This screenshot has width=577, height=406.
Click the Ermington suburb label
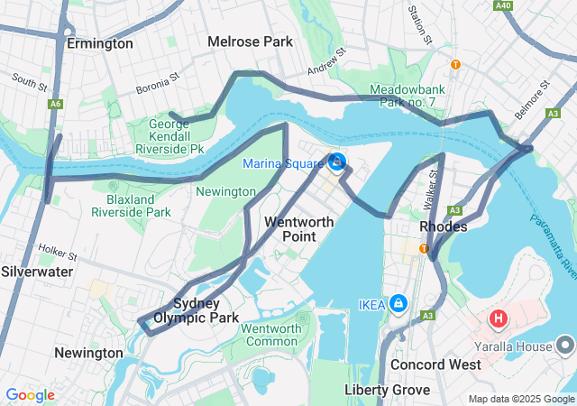(x=100, y=43)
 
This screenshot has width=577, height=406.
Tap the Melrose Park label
(x=251, y=42)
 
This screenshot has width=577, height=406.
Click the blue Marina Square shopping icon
(x=337, y=162)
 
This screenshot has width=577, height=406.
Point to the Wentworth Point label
(x=299, y=228)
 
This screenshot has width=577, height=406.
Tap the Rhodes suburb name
(x=444, y=226)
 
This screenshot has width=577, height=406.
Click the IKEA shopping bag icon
(x=398, y=303)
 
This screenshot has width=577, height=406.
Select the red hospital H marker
(x=498, y=318)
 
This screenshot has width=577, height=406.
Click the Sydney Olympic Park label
(x=196, y=310)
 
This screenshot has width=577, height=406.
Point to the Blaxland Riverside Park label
(x=131, y=205)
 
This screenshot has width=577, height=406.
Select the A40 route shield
(x=504, y=5)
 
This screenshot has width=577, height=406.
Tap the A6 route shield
(x=56, y=105)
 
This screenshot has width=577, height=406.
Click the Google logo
(x=30, y=395)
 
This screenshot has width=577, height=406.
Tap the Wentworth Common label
(x=271, y=335)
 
